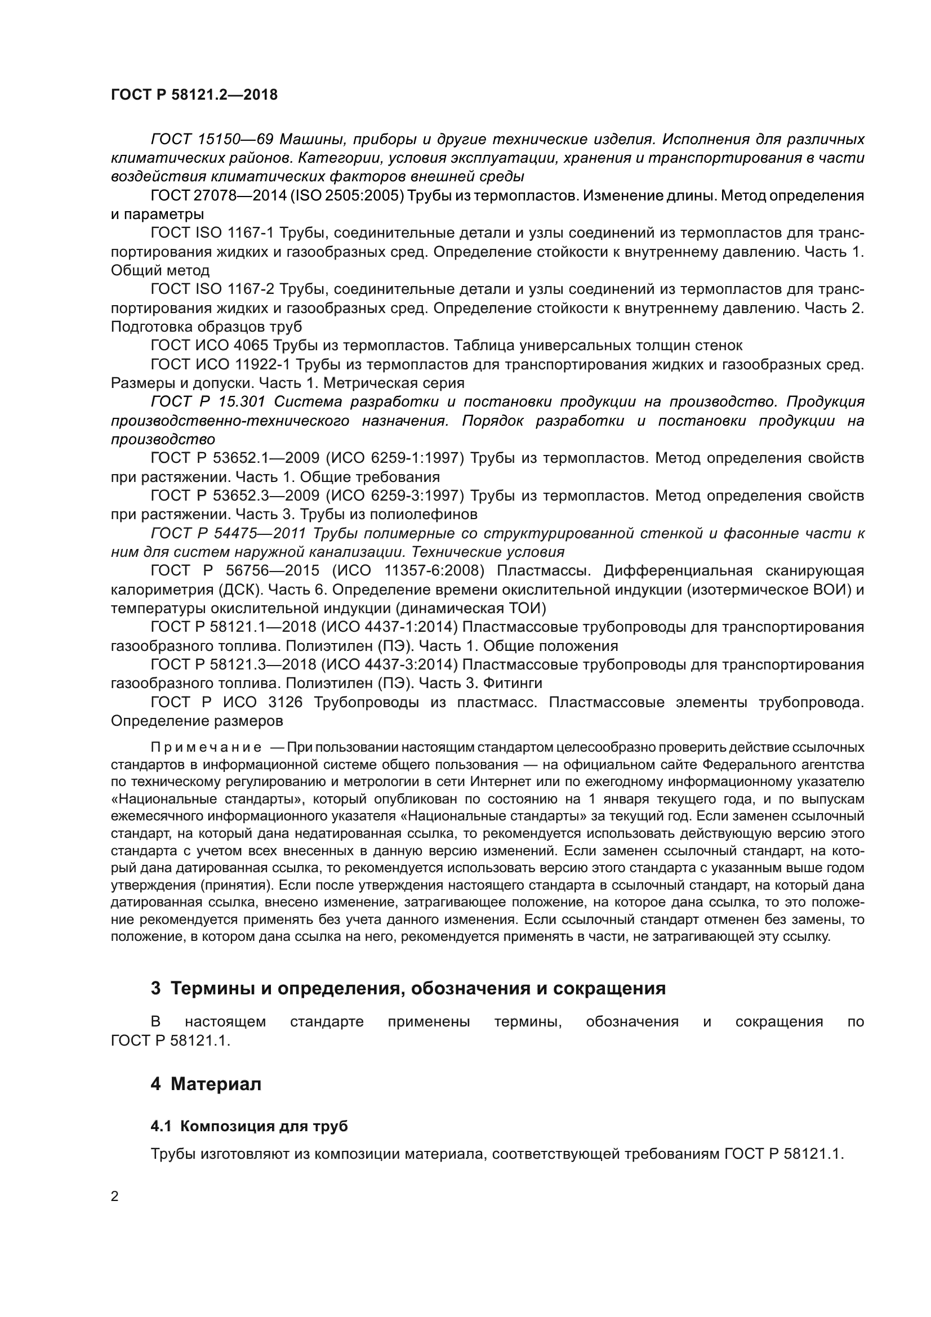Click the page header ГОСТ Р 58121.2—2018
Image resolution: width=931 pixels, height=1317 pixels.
coord(194,95)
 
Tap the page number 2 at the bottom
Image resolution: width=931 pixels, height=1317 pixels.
coord(115,1197)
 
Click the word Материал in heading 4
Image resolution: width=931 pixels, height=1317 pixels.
coord(216,1084)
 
